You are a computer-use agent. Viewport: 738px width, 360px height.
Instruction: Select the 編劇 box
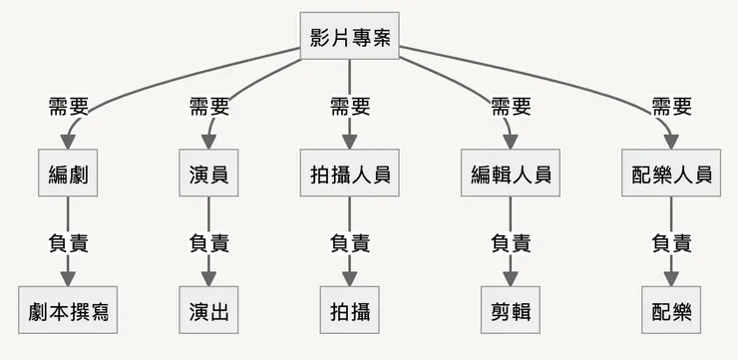coord(68,174)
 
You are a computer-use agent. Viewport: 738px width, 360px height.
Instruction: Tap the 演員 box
coord(208,174)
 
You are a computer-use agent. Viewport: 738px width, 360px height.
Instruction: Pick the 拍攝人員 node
coord(350,174)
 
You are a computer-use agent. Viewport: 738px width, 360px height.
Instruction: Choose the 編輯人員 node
coord(511,174)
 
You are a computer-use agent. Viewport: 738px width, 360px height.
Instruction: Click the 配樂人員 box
coord(671,174)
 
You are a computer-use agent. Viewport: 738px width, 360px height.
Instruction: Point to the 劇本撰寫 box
coord(68,310)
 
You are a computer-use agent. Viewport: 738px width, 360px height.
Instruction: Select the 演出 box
coord(208,310)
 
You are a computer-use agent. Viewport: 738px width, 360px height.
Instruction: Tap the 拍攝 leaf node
coord(350,310)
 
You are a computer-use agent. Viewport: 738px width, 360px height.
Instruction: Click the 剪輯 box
coord(511,310)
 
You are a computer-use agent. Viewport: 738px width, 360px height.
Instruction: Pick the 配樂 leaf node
coord(671,310)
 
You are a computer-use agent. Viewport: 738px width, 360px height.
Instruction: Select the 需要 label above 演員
coord(208,106)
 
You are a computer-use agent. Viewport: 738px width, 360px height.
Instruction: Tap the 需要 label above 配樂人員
coord(671,106)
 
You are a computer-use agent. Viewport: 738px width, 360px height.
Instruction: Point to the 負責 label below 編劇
coord(68,242)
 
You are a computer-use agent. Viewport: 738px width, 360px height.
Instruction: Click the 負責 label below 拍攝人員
coord(350,242)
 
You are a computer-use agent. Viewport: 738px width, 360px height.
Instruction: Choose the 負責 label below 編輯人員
coord(511,242)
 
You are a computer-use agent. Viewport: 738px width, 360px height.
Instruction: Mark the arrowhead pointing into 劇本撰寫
coord(68,278)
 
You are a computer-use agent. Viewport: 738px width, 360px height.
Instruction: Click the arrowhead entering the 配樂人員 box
coord(671,141)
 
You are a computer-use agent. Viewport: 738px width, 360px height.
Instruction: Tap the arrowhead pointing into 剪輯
coord(511,278)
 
